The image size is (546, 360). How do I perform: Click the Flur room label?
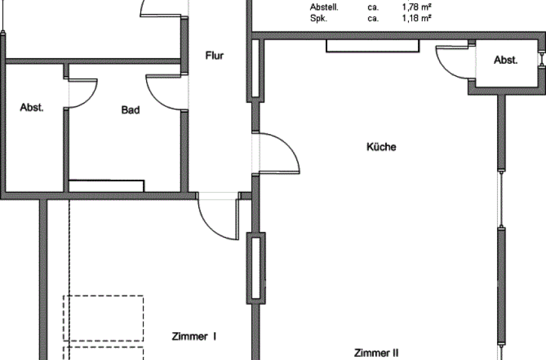[214, 55]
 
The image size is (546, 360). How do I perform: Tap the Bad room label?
[131, 110]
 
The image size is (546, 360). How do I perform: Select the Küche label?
[381, 147]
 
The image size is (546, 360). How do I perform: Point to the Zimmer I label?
[194, 336]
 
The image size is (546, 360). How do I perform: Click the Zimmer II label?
[376, 353]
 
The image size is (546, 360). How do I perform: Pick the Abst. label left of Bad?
[32, 108]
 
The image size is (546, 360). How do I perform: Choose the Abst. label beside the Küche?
[505, 61]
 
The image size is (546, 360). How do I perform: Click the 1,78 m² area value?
[417, 7]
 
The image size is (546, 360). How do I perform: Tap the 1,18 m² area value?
[417, 18]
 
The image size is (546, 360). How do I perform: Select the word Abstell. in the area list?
[325, 7]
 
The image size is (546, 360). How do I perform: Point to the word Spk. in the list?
[319, 19]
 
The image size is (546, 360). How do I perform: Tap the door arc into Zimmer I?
[212, 228]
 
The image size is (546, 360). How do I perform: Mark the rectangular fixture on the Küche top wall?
[373, 46]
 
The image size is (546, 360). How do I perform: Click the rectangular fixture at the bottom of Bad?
[106, 186]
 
